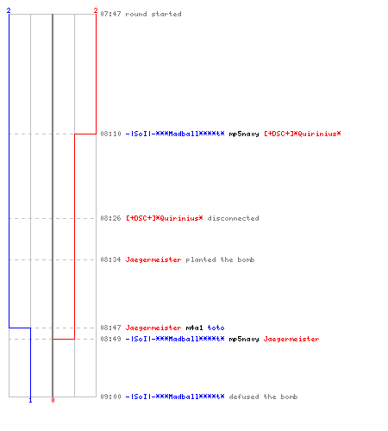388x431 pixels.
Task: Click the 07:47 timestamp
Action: click(x=110, y=14)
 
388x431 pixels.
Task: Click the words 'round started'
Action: click(x=153, y=14)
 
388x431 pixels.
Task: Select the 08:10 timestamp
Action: click(x=110, y=134)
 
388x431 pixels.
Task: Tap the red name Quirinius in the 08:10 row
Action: click(x=303, y=134)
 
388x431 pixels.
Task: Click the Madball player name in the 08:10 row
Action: click(x=175, y=134)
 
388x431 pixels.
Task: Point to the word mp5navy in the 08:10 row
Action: click(x=244, y=134)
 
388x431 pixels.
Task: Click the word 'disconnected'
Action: click(x=233, y=218)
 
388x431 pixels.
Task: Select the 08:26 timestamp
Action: click(x=110, y=218)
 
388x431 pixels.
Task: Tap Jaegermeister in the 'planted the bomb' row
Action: click(x=153, y=259)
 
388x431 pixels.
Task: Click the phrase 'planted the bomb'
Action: click(x=220, y=259)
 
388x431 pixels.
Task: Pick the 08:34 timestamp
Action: click(x=110, y=259)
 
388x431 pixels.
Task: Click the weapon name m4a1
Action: click(x=194, y=328)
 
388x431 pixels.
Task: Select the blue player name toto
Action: click(x=216, y=328)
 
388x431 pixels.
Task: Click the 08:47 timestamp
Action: click(x=110, y=328)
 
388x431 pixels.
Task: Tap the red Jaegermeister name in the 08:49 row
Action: click(x=291, y=339)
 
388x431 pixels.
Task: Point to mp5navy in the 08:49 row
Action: click(x=244, y=340)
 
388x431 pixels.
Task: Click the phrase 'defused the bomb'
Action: click(x=263, y=397)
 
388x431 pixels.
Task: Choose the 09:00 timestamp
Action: click(x=110, y=397)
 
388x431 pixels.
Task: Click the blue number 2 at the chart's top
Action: click(x=9, y=10)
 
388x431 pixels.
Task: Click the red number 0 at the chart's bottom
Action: click(x=53, y=400)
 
